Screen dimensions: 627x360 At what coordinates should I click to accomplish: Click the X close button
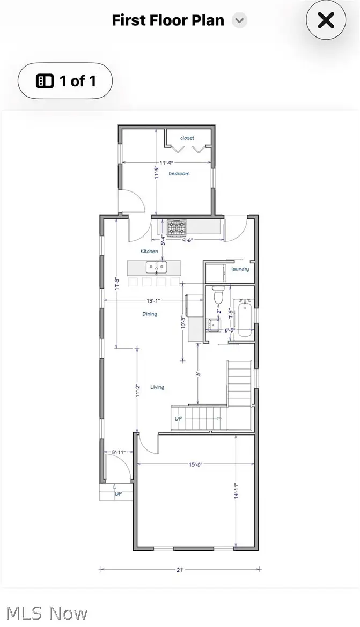[x=326, y=21]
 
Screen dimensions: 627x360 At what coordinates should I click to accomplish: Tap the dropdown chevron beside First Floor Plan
[x=239, y=21]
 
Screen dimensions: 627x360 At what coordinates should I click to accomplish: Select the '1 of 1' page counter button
[x=65, y=81]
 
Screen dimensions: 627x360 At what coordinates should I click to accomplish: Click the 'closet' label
[x=187, y=138]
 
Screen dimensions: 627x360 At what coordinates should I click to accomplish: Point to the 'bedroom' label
[x=179, y=174]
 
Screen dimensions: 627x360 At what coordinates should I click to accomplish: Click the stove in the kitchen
[x=176, y=227]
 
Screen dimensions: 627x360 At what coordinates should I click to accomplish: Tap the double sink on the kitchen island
[x=156, y=267]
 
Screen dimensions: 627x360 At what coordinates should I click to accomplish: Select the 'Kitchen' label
[x=149, y=251]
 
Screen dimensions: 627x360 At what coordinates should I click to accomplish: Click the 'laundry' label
[x=240, y=269]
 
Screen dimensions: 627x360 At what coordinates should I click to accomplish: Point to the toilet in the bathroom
[x=218, y=296]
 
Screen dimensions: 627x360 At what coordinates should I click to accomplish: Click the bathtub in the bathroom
[x=244, y=320]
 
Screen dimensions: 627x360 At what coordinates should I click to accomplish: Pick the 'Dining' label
[x=150, y=314]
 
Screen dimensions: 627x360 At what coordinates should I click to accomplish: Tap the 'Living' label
[x=157, y=387]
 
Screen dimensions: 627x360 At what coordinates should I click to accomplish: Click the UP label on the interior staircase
[x=179, y=418]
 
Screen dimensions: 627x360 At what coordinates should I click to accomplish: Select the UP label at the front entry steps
[x=118, y=493]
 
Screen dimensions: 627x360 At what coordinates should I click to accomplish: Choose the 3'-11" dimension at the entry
[x=118, y=452]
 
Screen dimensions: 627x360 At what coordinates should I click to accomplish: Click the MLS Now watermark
[x=47, y=613]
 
